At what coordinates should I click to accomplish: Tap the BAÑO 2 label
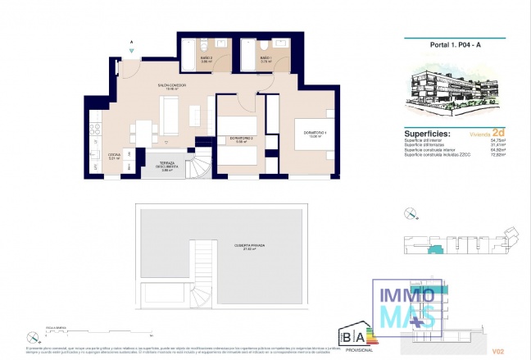tap(207, 58)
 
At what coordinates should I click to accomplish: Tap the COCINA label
tap(115, 156)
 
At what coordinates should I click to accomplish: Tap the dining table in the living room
tap(143, 130)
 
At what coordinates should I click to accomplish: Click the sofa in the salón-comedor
tap(170, 115)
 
